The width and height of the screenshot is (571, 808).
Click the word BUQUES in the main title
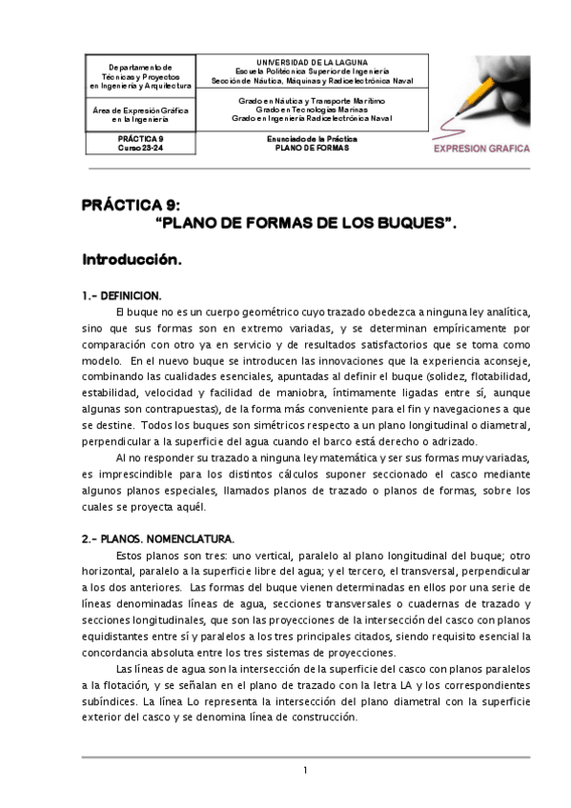pos(405,225)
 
